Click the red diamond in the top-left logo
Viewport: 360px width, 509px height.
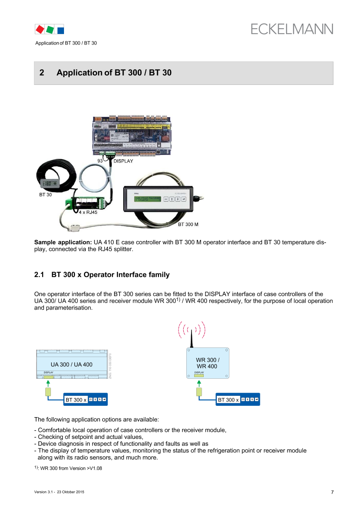point(40,29)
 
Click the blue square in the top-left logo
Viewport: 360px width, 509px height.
point(61,30)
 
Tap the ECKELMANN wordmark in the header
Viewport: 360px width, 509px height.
point(292,29)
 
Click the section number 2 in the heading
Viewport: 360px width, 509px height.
point(42,73)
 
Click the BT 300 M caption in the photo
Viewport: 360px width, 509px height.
point(188,225)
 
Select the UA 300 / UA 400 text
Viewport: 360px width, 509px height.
point(71,364)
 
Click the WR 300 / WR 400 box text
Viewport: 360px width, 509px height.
point(208,363)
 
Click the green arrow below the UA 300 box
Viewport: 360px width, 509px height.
point(48,384)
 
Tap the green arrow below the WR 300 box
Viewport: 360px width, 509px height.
point(199,384)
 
